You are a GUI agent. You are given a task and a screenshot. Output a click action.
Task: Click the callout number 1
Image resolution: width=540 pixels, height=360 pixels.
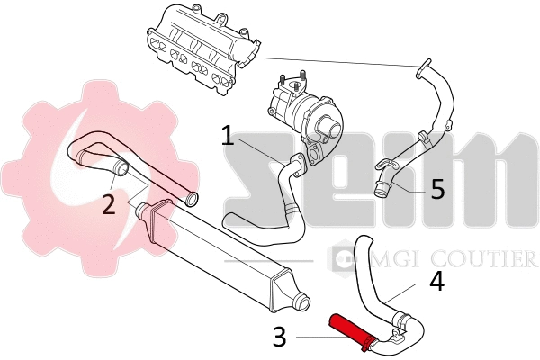[x=228, y=137]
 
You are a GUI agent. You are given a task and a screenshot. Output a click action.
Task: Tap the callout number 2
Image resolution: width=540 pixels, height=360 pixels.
[x=108, y=205]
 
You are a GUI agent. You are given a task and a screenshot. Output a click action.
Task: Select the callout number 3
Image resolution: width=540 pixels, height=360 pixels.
[x=281, y=338]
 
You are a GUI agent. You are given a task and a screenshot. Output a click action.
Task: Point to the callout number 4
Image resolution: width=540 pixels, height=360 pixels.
[x=436, y=282]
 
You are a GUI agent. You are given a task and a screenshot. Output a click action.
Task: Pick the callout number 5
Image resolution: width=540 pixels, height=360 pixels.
[x=436, y=189]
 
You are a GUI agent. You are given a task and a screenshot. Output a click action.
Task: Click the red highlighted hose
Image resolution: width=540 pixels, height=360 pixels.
[x=350, y=329]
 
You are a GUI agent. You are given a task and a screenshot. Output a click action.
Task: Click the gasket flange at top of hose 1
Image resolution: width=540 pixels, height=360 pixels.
[x=314, y=159]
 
